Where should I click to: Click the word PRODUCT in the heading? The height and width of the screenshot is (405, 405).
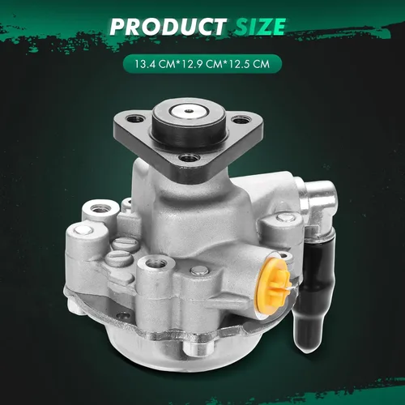tap(168, 27)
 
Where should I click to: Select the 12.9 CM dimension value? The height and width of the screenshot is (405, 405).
tap(202, 64)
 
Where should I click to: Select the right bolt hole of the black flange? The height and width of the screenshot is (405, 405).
tap(241, 119)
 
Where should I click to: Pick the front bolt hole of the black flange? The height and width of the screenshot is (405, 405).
tap(190, 157)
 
